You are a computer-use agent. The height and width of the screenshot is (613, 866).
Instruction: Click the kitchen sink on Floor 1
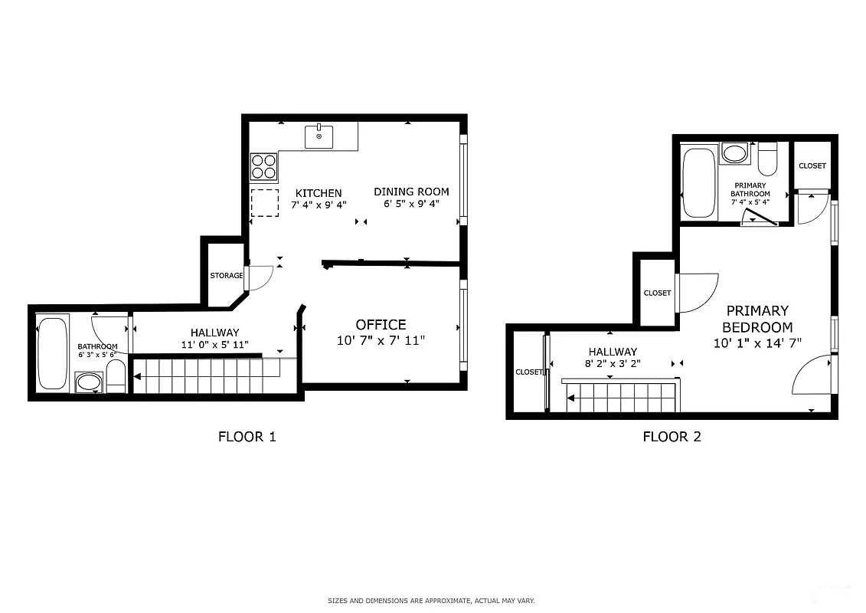click(319, 137)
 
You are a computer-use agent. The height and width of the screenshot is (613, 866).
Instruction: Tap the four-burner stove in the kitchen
click(264, 167)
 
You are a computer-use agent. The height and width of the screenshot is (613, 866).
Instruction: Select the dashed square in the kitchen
click(265, 203)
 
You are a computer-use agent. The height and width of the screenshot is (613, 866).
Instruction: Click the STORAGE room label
click(226, 276)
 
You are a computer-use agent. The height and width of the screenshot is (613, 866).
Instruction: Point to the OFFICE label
click(381, 325)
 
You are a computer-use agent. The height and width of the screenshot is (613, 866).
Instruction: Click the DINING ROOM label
click(411, 192)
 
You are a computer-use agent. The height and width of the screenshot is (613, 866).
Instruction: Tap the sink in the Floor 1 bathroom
click(90, 382)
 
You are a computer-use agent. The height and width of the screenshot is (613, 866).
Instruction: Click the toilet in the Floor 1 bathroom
click(116, 377)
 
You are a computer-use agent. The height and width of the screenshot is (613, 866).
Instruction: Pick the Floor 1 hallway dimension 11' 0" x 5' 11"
click(214, 345)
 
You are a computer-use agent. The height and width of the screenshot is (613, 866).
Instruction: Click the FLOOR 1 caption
click(247, 438)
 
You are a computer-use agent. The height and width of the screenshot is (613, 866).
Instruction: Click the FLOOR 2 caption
click(672, 438)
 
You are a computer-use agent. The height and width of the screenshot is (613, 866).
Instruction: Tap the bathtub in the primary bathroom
click(698, 182)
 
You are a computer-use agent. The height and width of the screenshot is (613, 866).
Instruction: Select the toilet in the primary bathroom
click(767, 159)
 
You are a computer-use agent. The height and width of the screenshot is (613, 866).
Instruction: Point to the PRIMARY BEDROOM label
click(757, 319)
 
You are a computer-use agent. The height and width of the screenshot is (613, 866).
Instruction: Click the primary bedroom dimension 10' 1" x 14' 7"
click(757, 343)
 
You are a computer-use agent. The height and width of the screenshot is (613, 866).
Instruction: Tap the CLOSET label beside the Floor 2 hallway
click(528, 372)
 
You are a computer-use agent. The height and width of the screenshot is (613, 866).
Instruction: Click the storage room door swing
click(260, 277)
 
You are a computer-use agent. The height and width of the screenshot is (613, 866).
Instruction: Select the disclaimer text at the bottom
click(431, 601)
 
